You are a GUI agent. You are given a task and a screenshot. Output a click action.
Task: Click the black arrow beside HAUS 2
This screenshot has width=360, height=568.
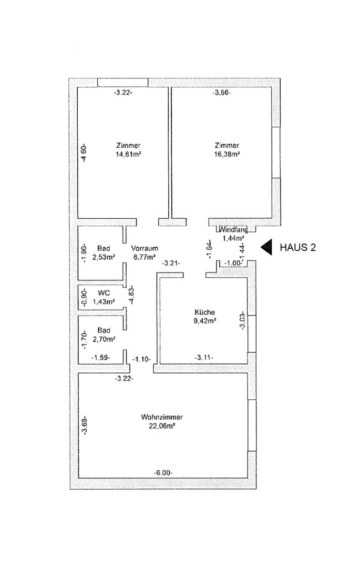pyautogui.click(x=267, y=247)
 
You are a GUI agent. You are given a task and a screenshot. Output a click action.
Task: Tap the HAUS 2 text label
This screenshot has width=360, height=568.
pyautogui.click(x=298, y=247)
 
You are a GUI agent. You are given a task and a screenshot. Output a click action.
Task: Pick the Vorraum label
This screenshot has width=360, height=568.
pyautogui.click(x=145, y=248)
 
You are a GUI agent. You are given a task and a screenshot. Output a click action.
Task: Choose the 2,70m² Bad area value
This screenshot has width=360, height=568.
pyautogui.click(x=103, y=340)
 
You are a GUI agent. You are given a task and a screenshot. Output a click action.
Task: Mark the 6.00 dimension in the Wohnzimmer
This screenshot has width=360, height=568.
pyautogui.click(x=162, y=473)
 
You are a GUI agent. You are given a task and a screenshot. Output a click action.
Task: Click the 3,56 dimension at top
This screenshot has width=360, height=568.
pyautogui.click(x=222, y=93)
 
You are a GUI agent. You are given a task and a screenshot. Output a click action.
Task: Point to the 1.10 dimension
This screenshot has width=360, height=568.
pyautogui.click(x=141, y=359)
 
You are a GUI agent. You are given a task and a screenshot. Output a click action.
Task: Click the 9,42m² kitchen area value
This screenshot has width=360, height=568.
pyautogui.click(x=205, y=320)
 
